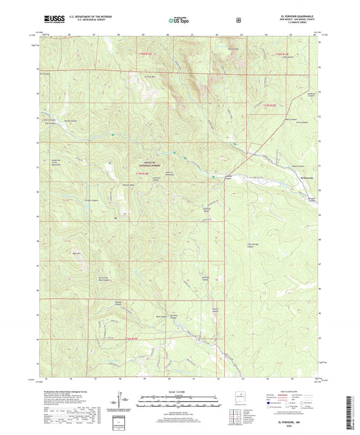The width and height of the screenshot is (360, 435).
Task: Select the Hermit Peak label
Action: (233, 49)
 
